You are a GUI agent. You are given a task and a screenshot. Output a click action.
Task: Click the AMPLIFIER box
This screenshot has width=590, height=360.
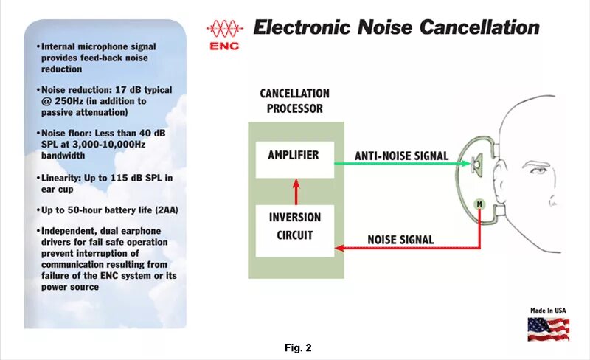[294, 159]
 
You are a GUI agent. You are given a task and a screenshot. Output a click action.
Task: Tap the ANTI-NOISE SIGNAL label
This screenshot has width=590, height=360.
[401, 155]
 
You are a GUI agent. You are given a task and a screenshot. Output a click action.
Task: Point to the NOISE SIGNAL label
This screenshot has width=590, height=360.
[400, 240]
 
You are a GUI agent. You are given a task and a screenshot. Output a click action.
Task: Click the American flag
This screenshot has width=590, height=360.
[548, 328]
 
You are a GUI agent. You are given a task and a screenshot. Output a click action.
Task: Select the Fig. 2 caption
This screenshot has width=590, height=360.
[298, 347]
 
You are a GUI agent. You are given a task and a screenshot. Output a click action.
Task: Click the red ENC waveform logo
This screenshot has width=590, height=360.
[224, 30]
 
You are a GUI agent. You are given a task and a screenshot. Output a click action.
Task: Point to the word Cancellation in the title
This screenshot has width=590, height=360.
[479, 28]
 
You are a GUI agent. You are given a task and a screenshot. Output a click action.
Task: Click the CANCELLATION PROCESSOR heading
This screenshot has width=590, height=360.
[294, 101]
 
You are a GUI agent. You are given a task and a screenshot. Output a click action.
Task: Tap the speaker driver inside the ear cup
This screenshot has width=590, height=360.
[476, 162]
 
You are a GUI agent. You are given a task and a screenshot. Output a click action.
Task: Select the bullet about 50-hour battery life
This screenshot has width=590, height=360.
[110, 210]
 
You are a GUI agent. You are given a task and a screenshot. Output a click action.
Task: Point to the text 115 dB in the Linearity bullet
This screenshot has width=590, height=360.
[120, 178]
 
